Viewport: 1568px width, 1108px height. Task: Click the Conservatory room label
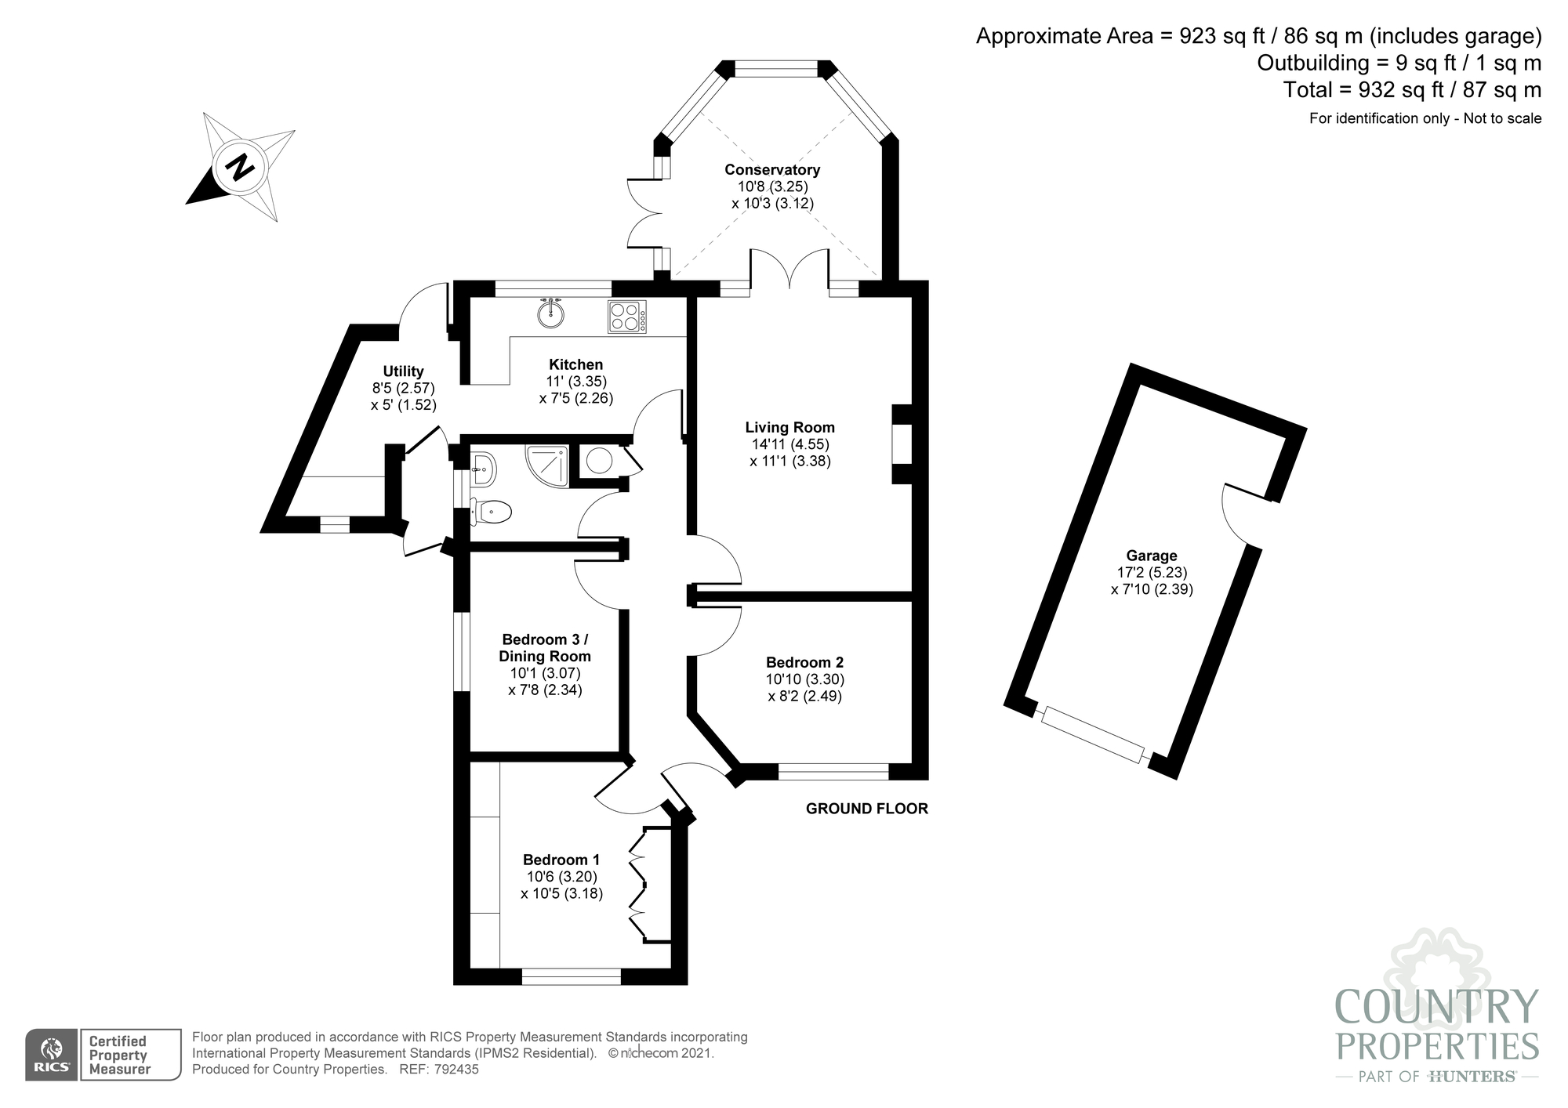pyautogui.click(x=772, y=169)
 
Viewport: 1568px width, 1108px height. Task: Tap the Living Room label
pyautogui.click(x=789, y=427)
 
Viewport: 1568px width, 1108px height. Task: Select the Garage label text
pyautogui.click(x=1152, y=556)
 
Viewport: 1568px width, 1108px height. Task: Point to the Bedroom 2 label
pyautogui.click(x=805, y=662)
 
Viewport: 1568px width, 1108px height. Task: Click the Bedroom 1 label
pyautogui.click(x=561, y=860)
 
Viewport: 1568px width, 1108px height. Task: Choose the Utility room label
pyautogui.click(x=403, y=371)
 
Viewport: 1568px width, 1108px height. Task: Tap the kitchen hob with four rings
pyautogui.click(x=627, y=317)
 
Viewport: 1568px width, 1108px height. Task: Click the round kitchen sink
pyautogui.click(x=551, y=313)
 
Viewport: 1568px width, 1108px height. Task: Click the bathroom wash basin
pyautogui.click(x=483, y=469)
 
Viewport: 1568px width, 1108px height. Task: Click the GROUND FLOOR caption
pyautogui.click(x=867, y=809)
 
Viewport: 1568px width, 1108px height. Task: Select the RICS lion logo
pyautogui.click(x=52, y=1055)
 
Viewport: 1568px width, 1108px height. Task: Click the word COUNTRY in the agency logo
pyautogui.click(x=1436, y=1007)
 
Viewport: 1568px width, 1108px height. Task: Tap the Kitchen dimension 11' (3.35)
pyautogui.click(x=576, y=381)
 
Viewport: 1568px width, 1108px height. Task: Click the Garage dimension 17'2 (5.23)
pyautogui.click(x=1152, y=573)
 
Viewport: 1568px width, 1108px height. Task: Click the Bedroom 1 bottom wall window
pyautogui.click(x=572, y=976)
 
